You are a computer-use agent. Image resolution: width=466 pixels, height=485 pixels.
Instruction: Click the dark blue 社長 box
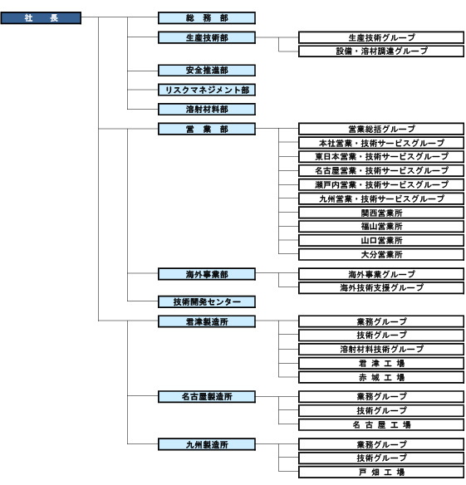(x=41, y=18)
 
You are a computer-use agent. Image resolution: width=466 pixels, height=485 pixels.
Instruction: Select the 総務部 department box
(x=207, y=18)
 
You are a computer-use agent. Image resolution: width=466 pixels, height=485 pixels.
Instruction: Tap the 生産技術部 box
(x=207, y=37)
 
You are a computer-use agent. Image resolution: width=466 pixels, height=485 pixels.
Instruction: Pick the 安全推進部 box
(x=207, y=71)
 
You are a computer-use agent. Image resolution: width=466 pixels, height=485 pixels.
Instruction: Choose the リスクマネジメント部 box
(x=207, y=90)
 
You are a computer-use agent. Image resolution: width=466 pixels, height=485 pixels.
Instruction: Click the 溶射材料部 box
(x=207, y=109)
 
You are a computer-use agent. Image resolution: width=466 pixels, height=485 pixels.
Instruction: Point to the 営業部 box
(x=207, y=129)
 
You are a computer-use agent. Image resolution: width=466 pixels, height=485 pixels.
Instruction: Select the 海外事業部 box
(x=207, y=274)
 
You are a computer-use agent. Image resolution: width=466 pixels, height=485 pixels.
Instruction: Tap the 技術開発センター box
(x=207, y=301)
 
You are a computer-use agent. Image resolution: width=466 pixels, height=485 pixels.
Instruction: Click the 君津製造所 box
(x=207, y=321)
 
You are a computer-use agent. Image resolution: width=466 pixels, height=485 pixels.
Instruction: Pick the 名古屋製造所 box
(x=207, y=396)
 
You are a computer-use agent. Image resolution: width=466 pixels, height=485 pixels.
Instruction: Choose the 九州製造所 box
(x=207, y=444)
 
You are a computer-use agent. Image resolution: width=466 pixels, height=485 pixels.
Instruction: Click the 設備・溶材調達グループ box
(x=381, y=51)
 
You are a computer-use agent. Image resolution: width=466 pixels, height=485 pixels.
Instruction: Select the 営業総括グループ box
(x=381, y=129)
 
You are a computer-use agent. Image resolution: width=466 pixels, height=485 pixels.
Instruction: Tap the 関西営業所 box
(x=381, y=213)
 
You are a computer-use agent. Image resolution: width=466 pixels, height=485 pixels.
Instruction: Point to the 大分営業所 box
(x=381, y=255)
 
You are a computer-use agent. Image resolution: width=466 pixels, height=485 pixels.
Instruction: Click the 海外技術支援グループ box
(x=381, y=288)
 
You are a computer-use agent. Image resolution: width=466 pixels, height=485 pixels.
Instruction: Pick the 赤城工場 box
(x=381, y=377)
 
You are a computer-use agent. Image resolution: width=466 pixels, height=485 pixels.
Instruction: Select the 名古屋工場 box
(x=381, y=424)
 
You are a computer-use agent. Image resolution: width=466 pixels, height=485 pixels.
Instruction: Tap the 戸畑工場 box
(x=381, y=472)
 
